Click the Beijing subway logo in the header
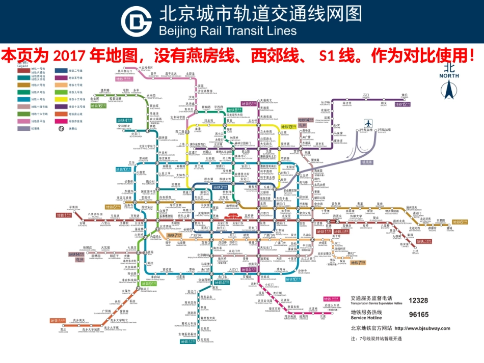[136, 21]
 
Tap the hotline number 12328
[418, 301]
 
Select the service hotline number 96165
[418, 314]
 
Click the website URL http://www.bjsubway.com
[422, 328]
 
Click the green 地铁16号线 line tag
[100, 105]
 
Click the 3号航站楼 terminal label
[385, 130]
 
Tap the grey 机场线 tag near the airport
[367, 162]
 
